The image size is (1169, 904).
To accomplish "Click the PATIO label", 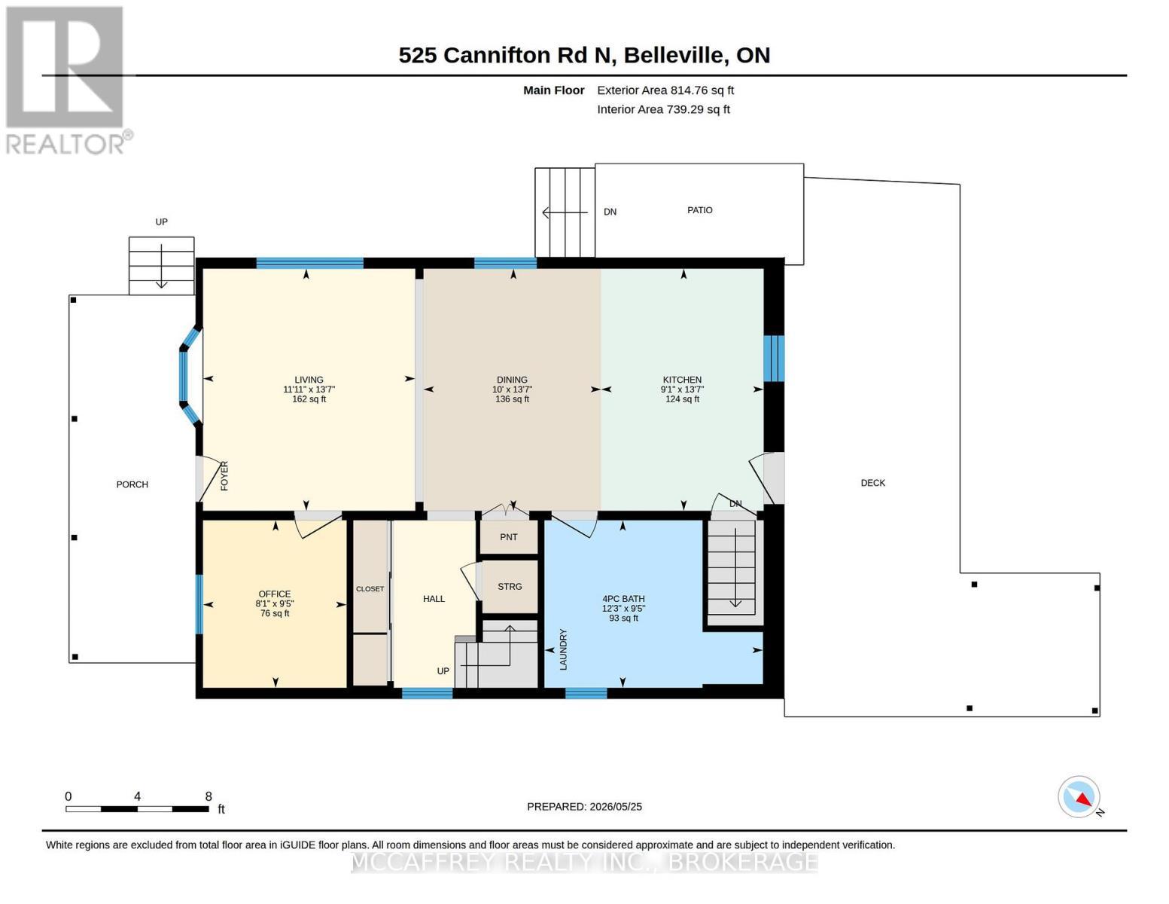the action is tap(699, 210).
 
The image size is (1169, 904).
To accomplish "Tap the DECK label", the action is tap(872, 483).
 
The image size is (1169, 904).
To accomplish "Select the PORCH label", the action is tap(132, 484).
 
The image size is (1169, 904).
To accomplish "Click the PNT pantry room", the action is tap(508, 537).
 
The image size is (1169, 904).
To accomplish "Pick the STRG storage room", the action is tap(510, 586).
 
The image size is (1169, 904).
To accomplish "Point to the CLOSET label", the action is tap(370, 589).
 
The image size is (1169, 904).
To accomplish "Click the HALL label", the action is tap(434, 599).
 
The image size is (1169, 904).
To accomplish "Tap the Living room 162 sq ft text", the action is tap(309, 399).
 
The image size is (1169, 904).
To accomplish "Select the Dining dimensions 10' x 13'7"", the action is tap(512, 389).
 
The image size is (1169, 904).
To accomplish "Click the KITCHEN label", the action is tap(682, 380).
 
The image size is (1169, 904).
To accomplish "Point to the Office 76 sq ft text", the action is tap(275, 613).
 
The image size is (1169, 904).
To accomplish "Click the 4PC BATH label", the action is tap(623, 599).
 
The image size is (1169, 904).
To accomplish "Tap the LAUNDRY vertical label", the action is tap(563, 649).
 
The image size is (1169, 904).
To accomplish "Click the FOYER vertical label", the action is tap(224, 476).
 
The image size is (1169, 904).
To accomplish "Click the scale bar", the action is tap(137, 808).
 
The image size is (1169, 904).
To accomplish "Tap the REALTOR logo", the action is tap(68, 81).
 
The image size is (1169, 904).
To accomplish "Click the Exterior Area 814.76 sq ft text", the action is tap(665, 90).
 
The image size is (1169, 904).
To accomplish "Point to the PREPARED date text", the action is tap(584, 807).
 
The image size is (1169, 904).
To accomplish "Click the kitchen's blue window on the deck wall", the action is tap(774, 359).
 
